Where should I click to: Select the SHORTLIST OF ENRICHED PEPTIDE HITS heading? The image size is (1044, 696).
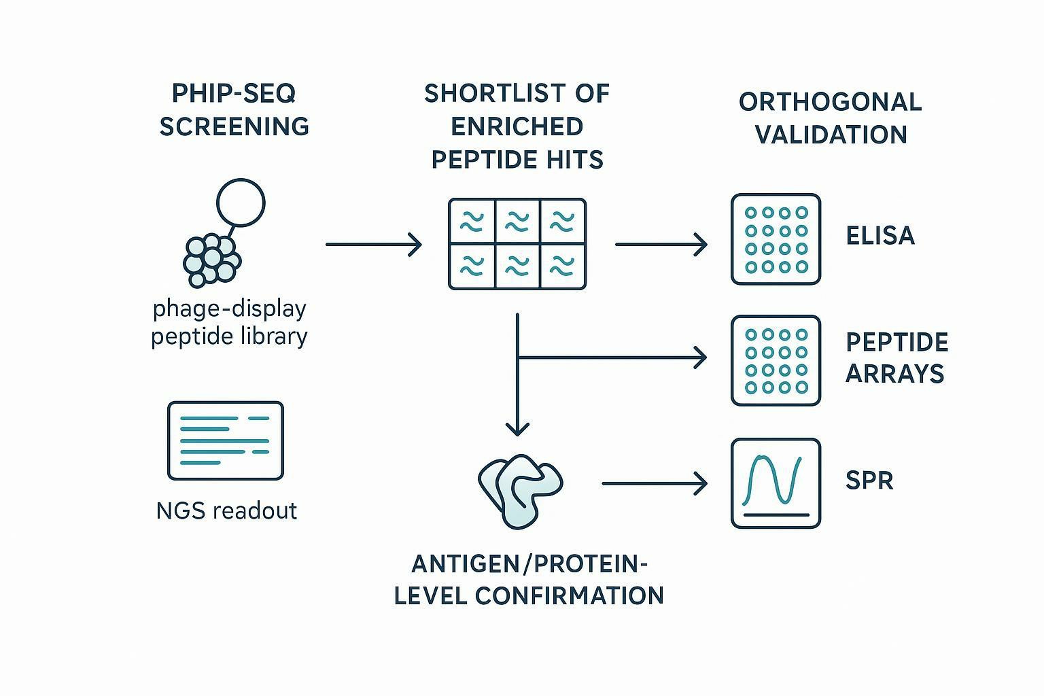(x=517, y=126)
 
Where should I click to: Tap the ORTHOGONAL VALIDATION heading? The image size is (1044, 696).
(x=831, y=118)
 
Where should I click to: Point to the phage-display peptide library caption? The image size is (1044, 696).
(x=229, y=322)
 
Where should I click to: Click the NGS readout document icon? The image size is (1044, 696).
(x=226, y=440)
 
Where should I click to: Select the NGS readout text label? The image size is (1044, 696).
(x=226, y=510)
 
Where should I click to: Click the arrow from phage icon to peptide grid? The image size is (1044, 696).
(x=374, y=244)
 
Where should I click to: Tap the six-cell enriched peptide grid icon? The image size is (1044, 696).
(x=517, y=244)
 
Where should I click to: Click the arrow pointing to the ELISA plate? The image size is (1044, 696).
(x=661, y=244)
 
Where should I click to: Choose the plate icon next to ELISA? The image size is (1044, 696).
(x=776, y=239)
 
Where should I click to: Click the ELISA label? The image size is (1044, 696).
(x=880, y=236)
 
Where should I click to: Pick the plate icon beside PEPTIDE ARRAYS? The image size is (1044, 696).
(x=776, y=361)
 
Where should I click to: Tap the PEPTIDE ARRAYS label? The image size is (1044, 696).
(x=897, y=358)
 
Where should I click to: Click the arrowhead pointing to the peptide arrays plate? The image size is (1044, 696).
(x=700, y=357)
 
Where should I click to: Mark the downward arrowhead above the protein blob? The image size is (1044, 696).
(x=518, y=428)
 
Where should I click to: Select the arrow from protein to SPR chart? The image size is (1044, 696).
(x=654, y=483)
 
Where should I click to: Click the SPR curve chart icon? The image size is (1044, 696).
(x=776, y=483)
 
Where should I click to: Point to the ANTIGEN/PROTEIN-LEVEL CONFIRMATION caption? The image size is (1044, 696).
(x=529, y=580)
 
